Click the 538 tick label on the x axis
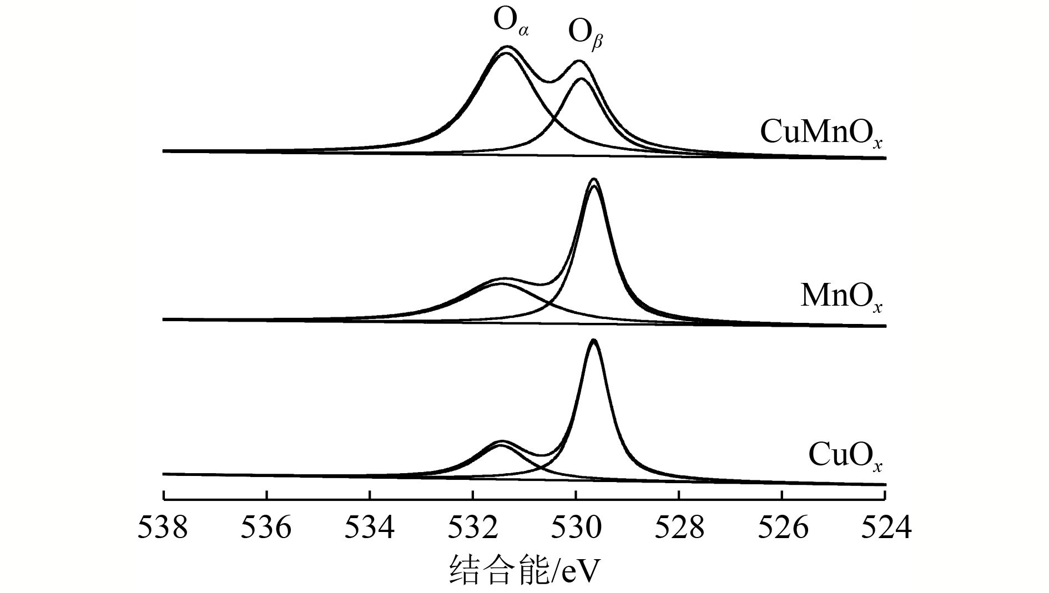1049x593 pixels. click(x=163, y=528)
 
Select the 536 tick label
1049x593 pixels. click(x=266, y=528)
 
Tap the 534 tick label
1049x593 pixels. click(x=370, y=528)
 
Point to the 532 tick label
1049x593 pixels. click(x=473, y=528)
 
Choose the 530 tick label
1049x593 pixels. click(x=576, y=528)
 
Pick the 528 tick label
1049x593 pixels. click(x=679, y=528)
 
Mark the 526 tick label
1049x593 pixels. click(x=783, y=528)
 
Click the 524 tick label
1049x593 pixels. click(x=886, y=528)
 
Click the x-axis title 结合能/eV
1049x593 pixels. click(x=524, y=569)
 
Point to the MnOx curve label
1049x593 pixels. click(x=841, y=297)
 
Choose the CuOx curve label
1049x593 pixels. click(x=845, y=456)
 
